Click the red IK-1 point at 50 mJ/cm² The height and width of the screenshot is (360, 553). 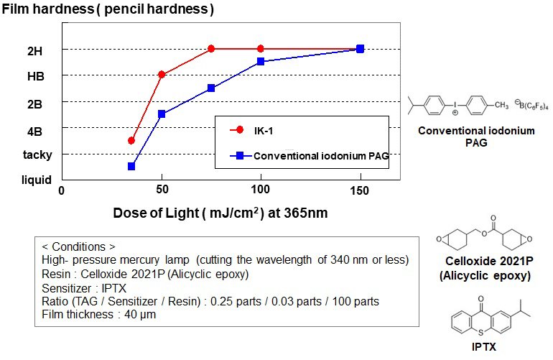[x=162, y=74]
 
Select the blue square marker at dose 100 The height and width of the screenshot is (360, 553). [x=261, y=62]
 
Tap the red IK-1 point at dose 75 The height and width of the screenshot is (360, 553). [x=211, y=49]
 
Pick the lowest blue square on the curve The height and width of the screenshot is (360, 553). [x=131, y=166]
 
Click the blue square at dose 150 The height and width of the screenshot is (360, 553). [x=360, y=49]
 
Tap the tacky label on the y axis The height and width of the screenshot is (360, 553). [x=37, y=154]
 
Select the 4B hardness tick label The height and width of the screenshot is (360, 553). [x=34, y=131]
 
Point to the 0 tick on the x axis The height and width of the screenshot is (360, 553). [x=62, y=190]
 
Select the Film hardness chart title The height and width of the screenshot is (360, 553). [x=108, y=11]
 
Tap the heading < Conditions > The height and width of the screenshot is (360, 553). [x=75, y=246]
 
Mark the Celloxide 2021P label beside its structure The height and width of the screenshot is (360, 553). [x=488, y=263]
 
